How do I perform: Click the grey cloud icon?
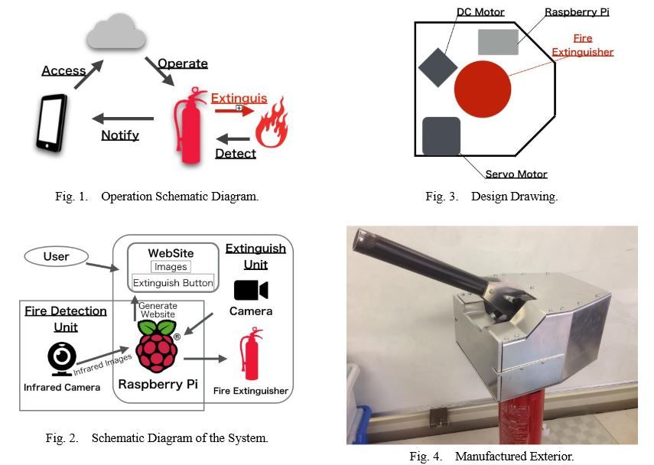(x=116, y=34)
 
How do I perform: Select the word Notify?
(x=120, y=135)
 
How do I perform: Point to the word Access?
(x=64, y=70)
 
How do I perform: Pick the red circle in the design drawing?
(x=482, y=89)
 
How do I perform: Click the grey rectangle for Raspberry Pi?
(x=498, y=41)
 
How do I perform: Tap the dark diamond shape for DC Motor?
(x=438, y=67)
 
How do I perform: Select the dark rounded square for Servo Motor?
(x=441, y=136)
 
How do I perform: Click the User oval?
(x=56, y=257)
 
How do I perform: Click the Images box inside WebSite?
(x=171, y=267)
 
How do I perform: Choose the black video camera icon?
(x=251, y=291)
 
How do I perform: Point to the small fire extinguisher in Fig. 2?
(x=249, y=354)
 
